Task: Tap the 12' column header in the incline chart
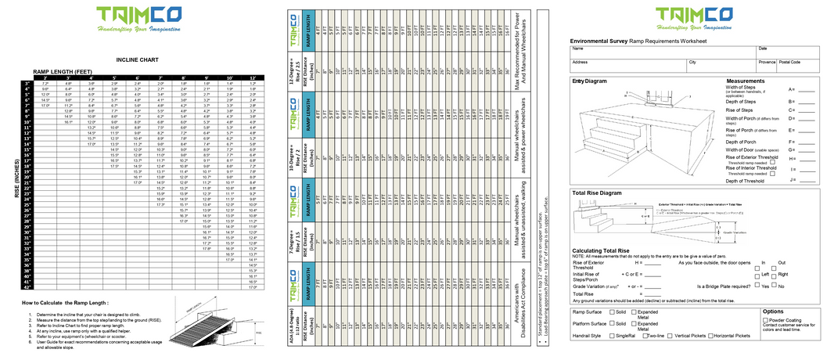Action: [252, 77]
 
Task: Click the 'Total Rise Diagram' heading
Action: [597, 193]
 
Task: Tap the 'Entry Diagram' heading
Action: [589, 81]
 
